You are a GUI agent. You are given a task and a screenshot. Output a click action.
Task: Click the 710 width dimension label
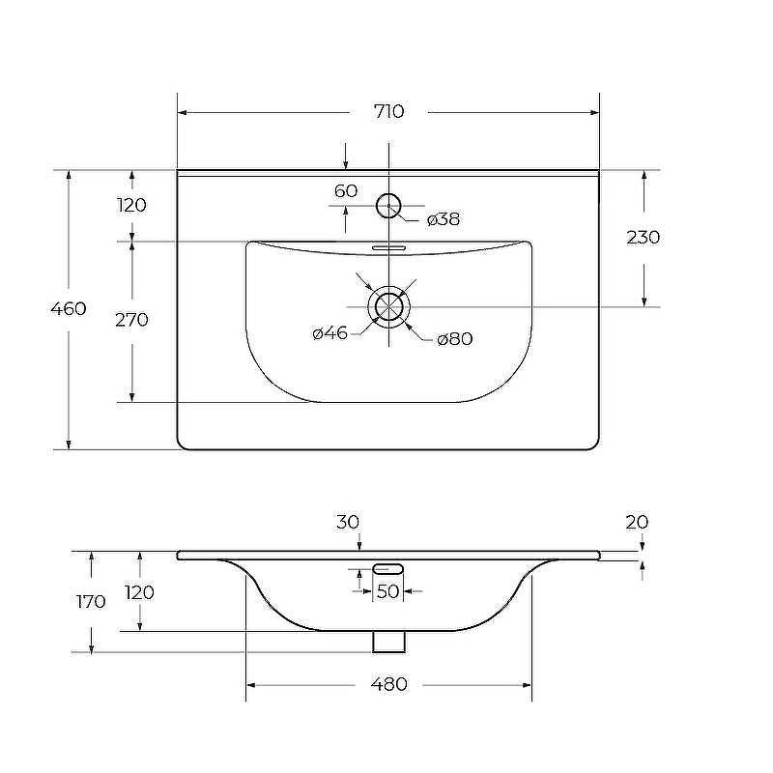coord(389,111)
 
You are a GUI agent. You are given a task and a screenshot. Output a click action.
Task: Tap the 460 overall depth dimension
coord(69,308)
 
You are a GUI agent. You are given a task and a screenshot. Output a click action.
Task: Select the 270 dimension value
coord(131,320)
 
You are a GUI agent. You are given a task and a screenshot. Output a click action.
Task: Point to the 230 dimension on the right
coord(644,237)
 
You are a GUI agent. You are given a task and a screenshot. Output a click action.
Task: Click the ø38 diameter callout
coord(444,219)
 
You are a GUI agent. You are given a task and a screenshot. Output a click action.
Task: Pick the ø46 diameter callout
coord(329,333)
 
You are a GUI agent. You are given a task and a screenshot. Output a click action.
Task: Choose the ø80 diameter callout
coord(454,339)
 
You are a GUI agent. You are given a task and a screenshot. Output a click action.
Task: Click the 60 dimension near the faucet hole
coord(346,190)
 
